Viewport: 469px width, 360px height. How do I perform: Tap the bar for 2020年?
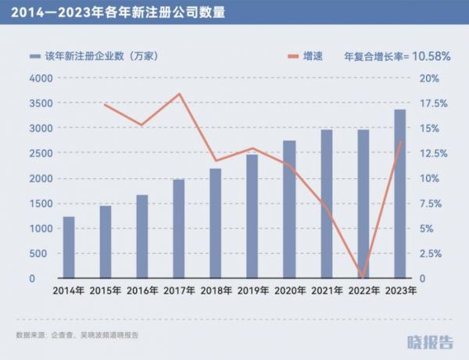289,209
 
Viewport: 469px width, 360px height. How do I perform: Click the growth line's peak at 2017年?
179,94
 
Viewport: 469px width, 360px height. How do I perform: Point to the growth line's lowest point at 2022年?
363,276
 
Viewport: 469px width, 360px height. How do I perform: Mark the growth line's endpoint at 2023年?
399,142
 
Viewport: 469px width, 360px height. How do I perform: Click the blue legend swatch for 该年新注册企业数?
35,57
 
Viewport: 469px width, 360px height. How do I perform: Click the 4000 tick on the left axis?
39,78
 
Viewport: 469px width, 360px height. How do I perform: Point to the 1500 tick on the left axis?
39,203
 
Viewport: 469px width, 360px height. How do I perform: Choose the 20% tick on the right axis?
431,78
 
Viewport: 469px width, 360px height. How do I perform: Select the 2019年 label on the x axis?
252,290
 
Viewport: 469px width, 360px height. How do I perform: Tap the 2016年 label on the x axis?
142,290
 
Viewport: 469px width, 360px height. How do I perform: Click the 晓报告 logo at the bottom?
430,341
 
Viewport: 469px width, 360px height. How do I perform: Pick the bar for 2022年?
363,204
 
